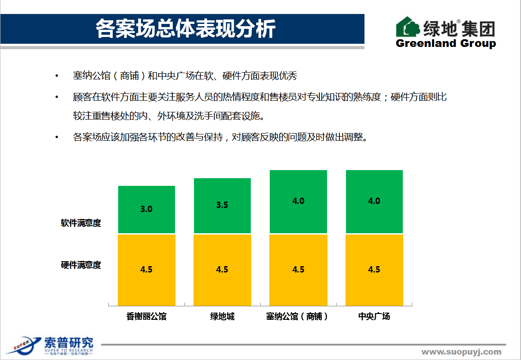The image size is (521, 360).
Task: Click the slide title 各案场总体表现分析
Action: [x=185, y=29]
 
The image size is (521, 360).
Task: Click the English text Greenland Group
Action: [x=446, y=43]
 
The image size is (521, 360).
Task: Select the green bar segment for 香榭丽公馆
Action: [x=147, y=209]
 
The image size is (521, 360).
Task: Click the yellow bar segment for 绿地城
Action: [x=222, y=270]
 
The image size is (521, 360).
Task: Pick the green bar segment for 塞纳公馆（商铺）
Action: [x=298, y=201]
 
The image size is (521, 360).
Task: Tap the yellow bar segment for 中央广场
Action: [x=374, y=270]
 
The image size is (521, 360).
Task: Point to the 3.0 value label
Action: [x=147, y=209]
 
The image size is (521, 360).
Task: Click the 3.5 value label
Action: [x=222, y=205]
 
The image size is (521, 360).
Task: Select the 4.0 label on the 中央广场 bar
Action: [x=374, y=201]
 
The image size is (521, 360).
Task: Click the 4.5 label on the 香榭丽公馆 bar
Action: [x=147, y=269]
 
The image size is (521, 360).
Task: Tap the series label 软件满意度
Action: [x=81, y=223]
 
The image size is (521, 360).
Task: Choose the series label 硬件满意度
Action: [x=81, y=265]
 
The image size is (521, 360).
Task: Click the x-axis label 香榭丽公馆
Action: [x=147, y=316]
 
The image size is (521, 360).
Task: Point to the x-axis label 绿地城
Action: [x=222, y=316]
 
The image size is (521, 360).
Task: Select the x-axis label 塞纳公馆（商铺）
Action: [x=298, y=316]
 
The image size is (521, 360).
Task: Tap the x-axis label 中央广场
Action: [x=374, y=316]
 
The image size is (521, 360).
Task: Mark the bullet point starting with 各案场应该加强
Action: [x=221, y=137]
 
